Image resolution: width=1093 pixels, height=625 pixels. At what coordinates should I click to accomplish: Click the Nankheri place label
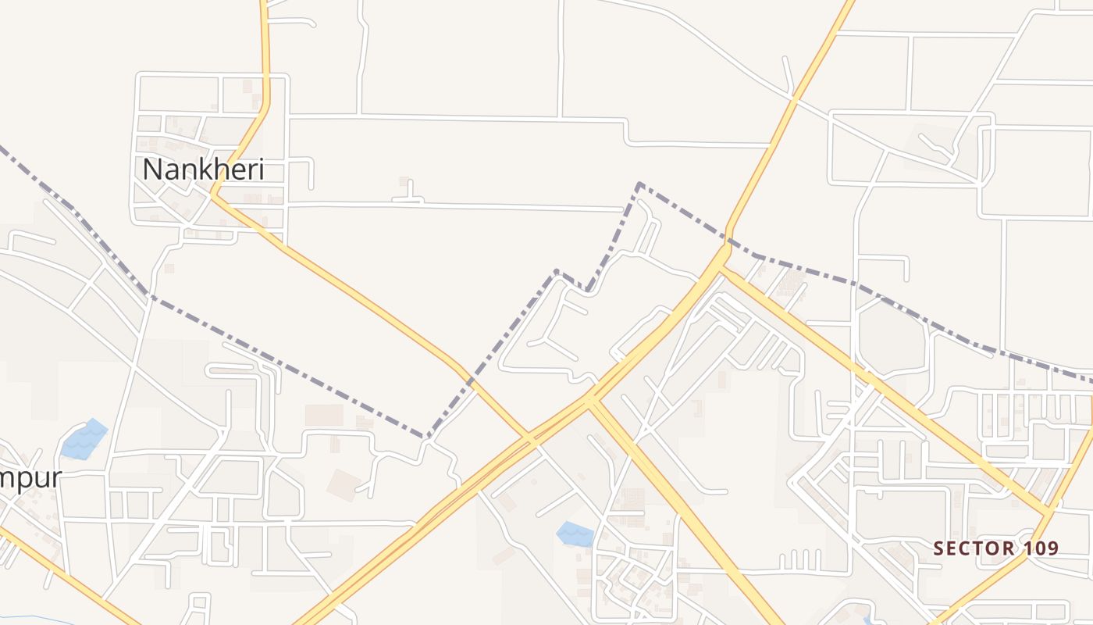[203, 170]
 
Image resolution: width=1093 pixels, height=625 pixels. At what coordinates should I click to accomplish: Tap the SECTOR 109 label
[996, 548]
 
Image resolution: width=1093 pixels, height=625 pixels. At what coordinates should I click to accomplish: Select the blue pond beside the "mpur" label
[84, 440]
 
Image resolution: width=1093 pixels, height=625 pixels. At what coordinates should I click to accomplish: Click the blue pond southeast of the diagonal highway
[575, 534]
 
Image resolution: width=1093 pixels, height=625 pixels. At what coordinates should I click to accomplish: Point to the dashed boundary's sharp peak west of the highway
[639, 184]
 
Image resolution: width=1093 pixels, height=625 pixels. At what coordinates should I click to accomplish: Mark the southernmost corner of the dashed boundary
[427, 437]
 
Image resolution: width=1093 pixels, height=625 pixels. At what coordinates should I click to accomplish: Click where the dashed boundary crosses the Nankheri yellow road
[472, 381]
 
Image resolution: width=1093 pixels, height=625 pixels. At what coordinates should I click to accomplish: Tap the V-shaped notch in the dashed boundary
[587, 291]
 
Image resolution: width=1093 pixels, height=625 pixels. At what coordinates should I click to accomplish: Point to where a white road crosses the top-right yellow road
[793, 100]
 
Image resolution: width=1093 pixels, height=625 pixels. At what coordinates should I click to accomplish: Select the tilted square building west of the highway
[344, 484]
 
